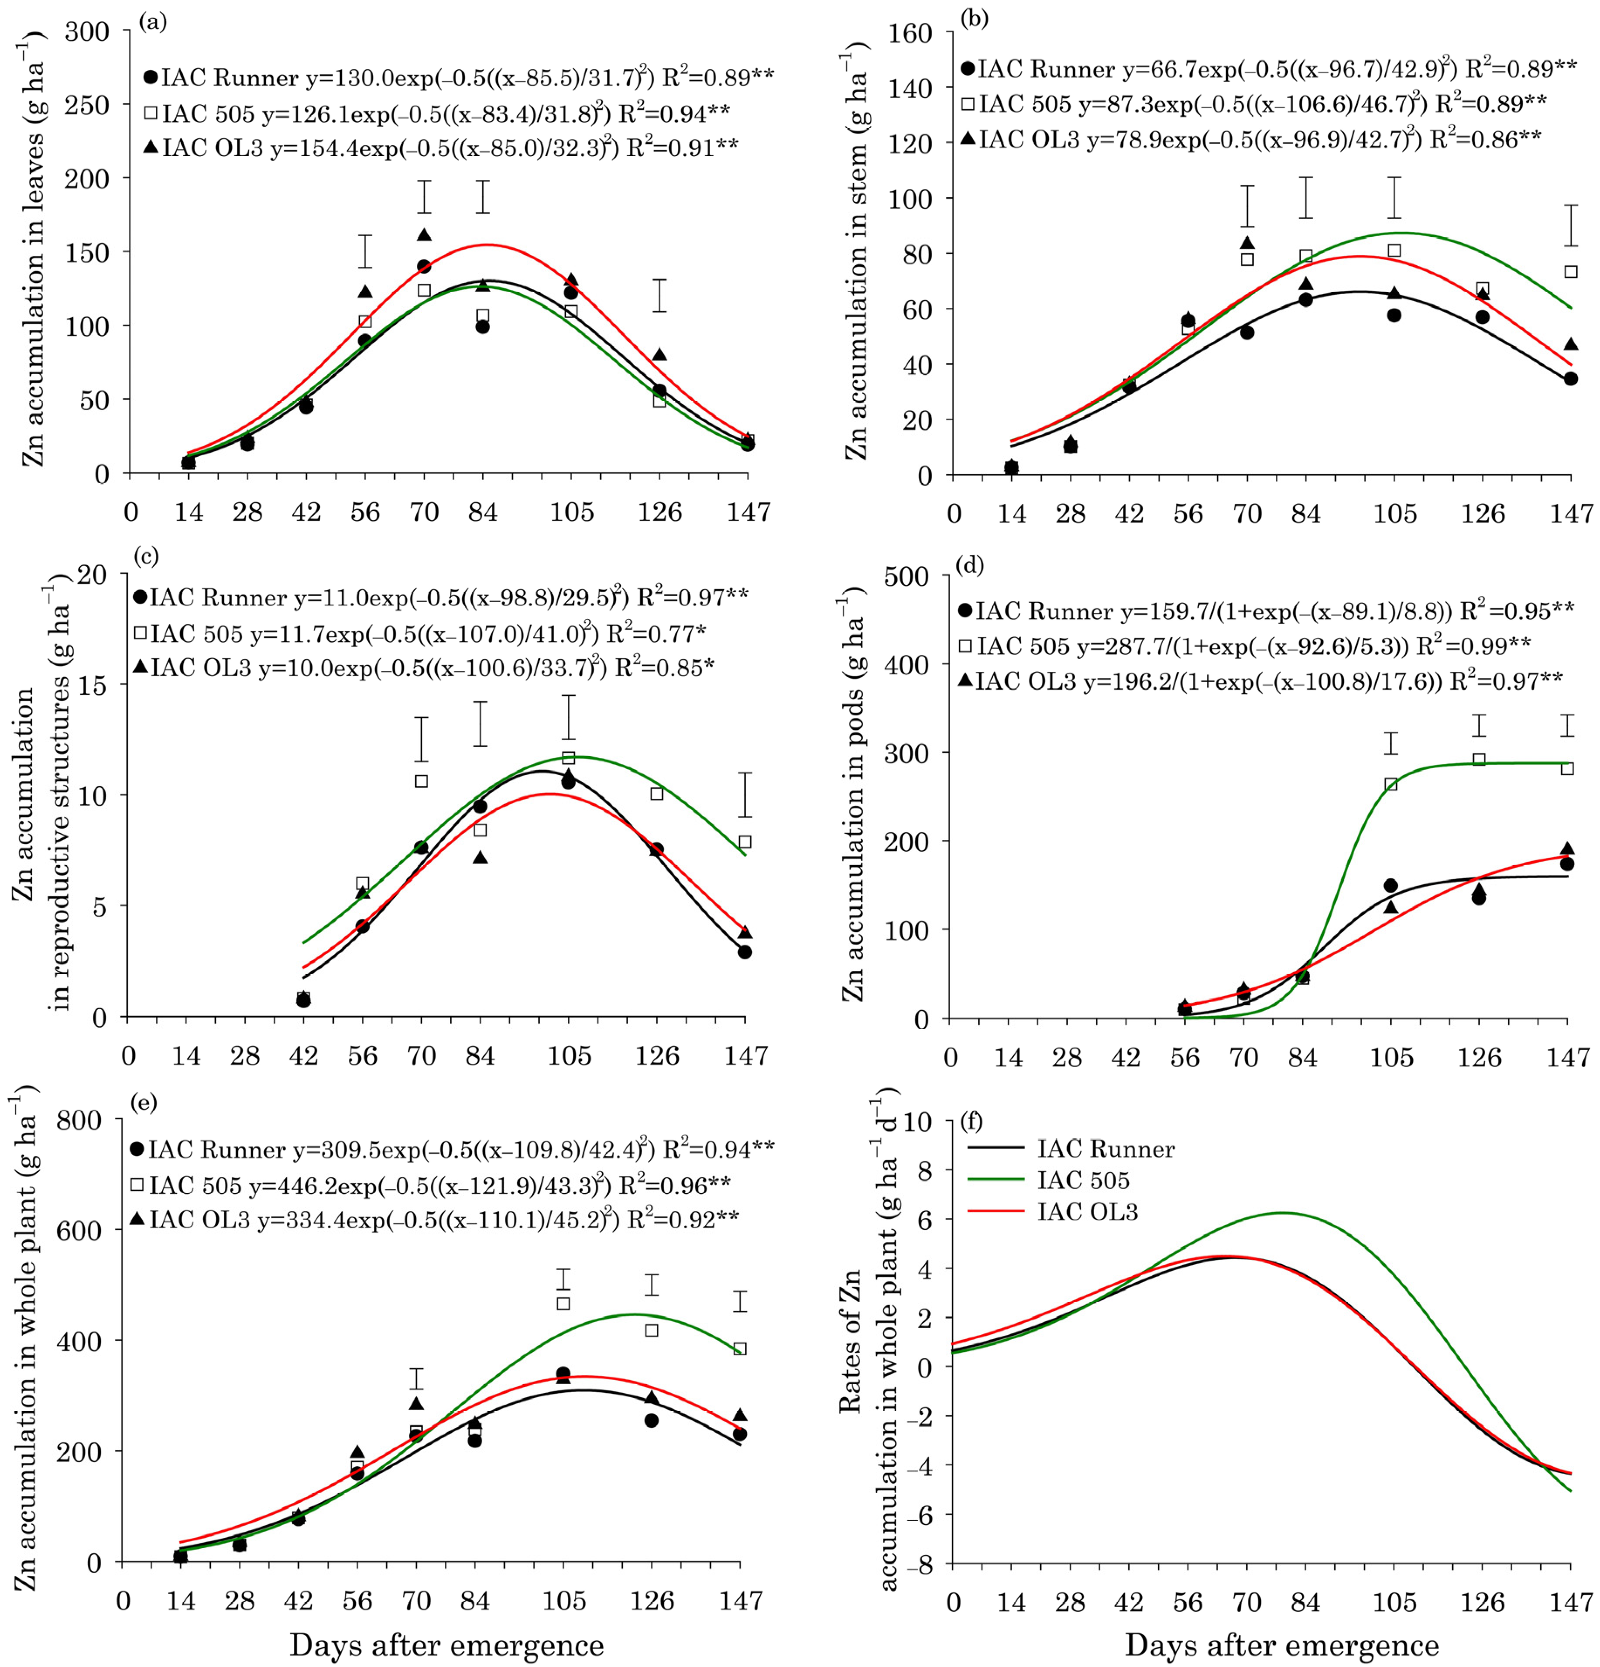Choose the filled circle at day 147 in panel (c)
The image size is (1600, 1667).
(744, 952)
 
